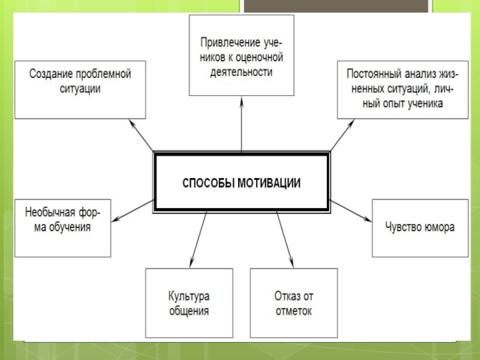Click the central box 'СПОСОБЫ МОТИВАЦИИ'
[x=242, y=182]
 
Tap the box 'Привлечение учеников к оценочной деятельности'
[x=241, y=56]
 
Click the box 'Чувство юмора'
[x=419, y=228]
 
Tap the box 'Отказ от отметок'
[x=293, y=304]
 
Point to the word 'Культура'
[x=188, y=296]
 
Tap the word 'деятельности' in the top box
[x=241, y=72]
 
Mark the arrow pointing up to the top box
[x=241, y=126]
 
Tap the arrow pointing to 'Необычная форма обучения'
[x=132, y=211]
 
